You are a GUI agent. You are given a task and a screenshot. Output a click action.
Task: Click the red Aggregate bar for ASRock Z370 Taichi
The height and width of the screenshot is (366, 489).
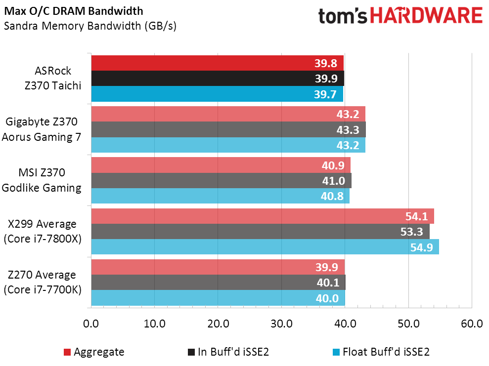[x=218, y=63]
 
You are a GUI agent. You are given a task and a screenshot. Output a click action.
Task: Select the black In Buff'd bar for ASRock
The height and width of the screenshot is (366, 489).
[x=218, y=78]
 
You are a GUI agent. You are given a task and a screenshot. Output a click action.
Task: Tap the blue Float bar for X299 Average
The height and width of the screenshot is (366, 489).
[x=265, y=246]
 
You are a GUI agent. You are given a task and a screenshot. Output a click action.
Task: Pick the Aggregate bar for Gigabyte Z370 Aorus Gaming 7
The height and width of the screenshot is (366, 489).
[x=228, y=114]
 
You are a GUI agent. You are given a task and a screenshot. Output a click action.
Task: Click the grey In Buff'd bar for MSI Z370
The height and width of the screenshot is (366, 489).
[x=222, y=180]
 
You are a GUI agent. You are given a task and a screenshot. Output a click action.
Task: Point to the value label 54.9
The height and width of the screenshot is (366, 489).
[x=422, y=247]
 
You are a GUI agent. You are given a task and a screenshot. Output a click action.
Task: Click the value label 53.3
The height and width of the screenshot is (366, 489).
[x=412, y=232]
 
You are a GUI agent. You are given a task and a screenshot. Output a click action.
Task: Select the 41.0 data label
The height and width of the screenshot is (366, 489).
[x=334, y=181]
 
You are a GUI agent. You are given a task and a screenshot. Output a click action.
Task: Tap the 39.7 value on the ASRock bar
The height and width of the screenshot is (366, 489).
[x=325, y=94]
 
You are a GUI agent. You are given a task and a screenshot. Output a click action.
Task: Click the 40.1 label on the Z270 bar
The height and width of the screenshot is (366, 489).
[x=328, y=283]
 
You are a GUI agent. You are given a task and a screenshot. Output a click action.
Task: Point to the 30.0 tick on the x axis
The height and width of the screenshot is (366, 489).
[x=281, y=324]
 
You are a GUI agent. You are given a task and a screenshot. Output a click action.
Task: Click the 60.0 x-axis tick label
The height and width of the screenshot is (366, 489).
[x=472, y=324]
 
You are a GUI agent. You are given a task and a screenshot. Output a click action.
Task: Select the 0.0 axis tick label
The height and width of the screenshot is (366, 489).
[x=91, y=324]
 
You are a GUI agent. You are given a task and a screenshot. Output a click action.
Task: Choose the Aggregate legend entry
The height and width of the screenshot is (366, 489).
[x=94, y=352]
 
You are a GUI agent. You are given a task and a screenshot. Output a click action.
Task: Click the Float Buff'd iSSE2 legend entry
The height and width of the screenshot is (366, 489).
[x=381, y=352]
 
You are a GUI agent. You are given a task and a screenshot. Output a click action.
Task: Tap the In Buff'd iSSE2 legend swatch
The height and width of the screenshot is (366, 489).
[x=191, y=352]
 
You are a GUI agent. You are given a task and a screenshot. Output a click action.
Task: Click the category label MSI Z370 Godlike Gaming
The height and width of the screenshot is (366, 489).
[x=42, y=180]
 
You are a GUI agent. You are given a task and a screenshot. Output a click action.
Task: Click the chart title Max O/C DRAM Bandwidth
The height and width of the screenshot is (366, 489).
[x=74, y=11]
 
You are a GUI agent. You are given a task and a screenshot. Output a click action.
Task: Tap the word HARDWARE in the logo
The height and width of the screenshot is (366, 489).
[x=426, y=16]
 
